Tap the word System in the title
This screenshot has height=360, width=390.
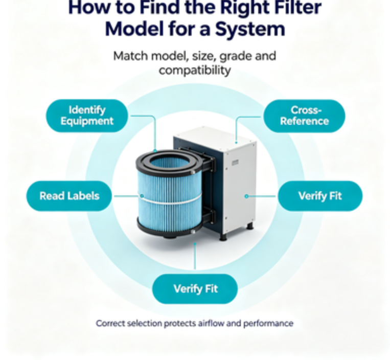click(250, 29)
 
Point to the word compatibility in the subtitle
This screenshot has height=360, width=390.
click(195, 71)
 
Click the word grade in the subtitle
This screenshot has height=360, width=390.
click(235, 56)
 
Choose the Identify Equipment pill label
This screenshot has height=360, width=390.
click(87, 116)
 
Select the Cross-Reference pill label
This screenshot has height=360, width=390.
click(305, 116)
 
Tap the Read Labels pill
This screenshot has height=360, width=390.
click(70, 196)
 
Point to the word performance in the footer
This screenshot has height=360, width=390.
click(268, 324)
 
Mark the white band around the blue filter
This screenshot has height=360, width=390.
click(170, 200)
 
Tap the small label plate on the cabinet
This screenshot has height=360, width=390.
click(235, 163)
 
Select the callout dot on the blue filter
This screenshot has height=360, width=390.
click(142, 196)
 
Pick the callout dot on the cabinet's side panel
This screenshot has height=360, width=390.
click(246, 196)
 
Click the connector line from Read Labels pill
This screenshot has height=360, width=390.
click(127, 196)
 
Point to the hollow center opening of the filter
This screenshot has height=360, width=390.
click(170, 162)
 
